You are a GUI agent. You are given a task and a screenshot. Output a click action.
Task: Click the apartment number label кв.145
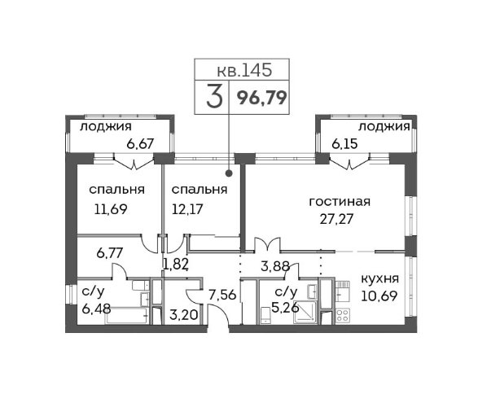point(244,70)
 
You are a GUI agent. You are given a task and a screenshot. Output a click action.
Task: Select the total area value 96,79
point(262,99)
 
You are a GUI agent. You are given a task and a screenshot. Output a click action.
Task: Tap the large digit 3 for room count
point(214,97)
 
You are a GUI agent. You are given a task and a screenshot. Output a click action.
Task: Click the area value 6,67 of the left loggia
point(140,143)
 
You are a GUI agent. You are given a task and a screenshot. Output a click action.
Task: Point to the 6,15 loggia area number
point(344,143)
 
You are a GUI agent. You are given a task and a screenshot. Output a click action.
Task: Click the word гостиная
point(340,202)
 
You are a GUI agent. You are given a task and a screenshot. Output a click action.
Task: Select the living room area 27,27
point(336,218)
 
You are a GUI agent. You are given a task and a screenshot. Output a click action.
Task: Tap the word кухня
point(379,278)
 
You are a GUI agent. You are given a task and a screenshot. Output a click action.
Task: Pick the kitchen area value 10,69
point(379,296)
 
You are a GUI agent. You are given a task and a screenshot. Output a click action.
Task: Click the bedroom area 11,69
point(111,209)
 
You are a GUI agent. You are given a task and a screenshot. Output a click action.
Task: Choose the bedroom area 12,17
point(187,209)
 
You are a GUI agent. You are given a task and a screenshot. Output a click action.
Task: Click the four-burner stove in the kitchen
point(343,315)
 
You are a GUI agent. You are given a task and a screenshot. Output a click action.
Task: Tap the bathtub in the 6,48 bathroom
point(127,316)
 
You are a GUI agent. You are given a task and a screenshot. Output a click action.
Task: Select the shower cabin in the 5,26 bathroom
point(305,312)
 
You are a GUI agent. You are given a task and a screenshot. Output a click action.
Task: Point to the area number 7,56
point(222,295)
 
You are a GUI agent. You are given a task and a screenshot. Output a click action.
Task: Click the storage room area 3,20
point(184,314)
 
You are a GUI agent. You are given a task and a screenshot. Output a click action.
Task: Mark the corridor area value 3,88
point(275,267)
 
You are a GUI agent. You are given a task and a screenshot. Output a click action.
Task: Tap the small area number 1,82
point(175,265)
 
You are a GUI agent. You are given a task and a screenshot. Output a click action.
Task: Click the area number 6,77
point(110,253)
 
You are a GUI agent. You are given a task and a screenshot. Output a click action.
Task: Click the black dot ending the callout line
point(229,173)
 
